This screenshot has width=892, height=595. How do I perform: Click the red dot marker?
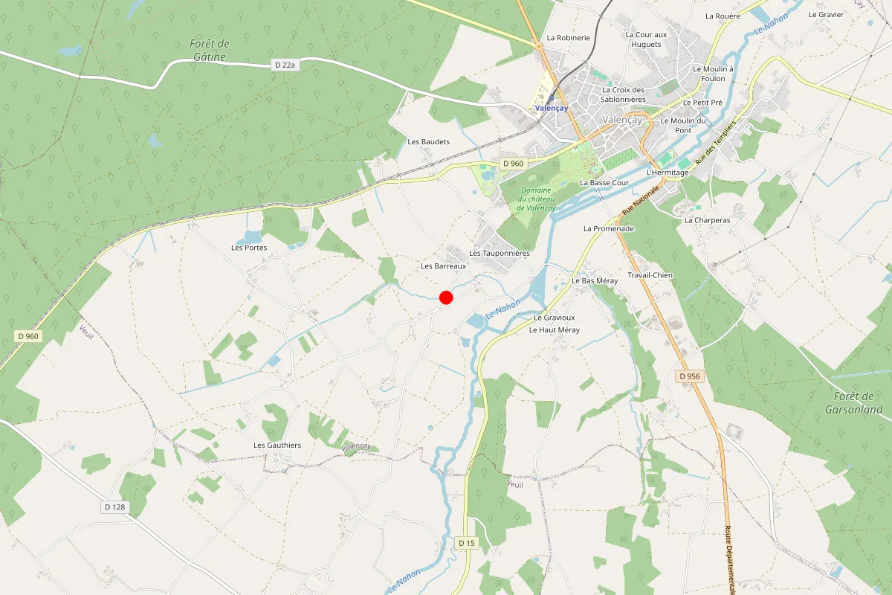(x=446, y=297)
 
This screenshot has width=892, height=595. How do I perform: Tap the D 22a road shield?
(x=285, y=65)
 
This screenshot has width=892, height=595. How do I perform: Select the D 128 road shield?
(x=114, y=506)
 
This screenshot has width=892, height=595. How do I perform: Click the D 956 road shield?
(x=690, y=376)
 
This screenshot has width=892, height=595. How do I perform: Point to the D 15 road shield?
(x=466, y=543)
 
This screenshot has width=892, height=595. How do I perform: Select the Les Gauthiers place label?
(x=277, y=446)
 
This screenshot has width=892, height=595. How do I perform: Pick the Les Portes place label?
(x=249, y=248)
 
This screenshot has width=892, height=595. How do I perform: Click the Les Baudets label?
(x=429, y=141)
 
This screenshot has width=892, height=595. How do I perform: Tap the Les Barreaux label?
(x=443, y=266)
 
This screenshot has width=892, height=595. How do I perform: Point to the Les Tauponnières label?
(x=500, y=253)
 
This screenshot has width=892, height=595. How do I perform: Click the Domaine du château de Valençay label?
(x=537, y=199)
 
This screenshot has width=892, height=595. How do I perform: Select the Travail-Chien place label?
(x=650, y=275)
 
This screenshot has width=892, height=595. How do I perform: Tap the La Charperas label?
(x=707, y=220)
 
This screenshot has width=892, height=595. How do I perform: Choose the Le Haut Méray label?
(x=554, y=329)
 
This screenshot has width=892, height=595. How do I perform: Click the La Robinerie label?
(x=568, y=37)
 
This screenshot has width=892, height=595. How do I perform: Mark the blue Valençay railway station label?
(x=551, y=108)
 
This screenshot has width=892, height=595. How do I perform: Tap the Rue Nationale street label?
(x=640, y=200)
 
